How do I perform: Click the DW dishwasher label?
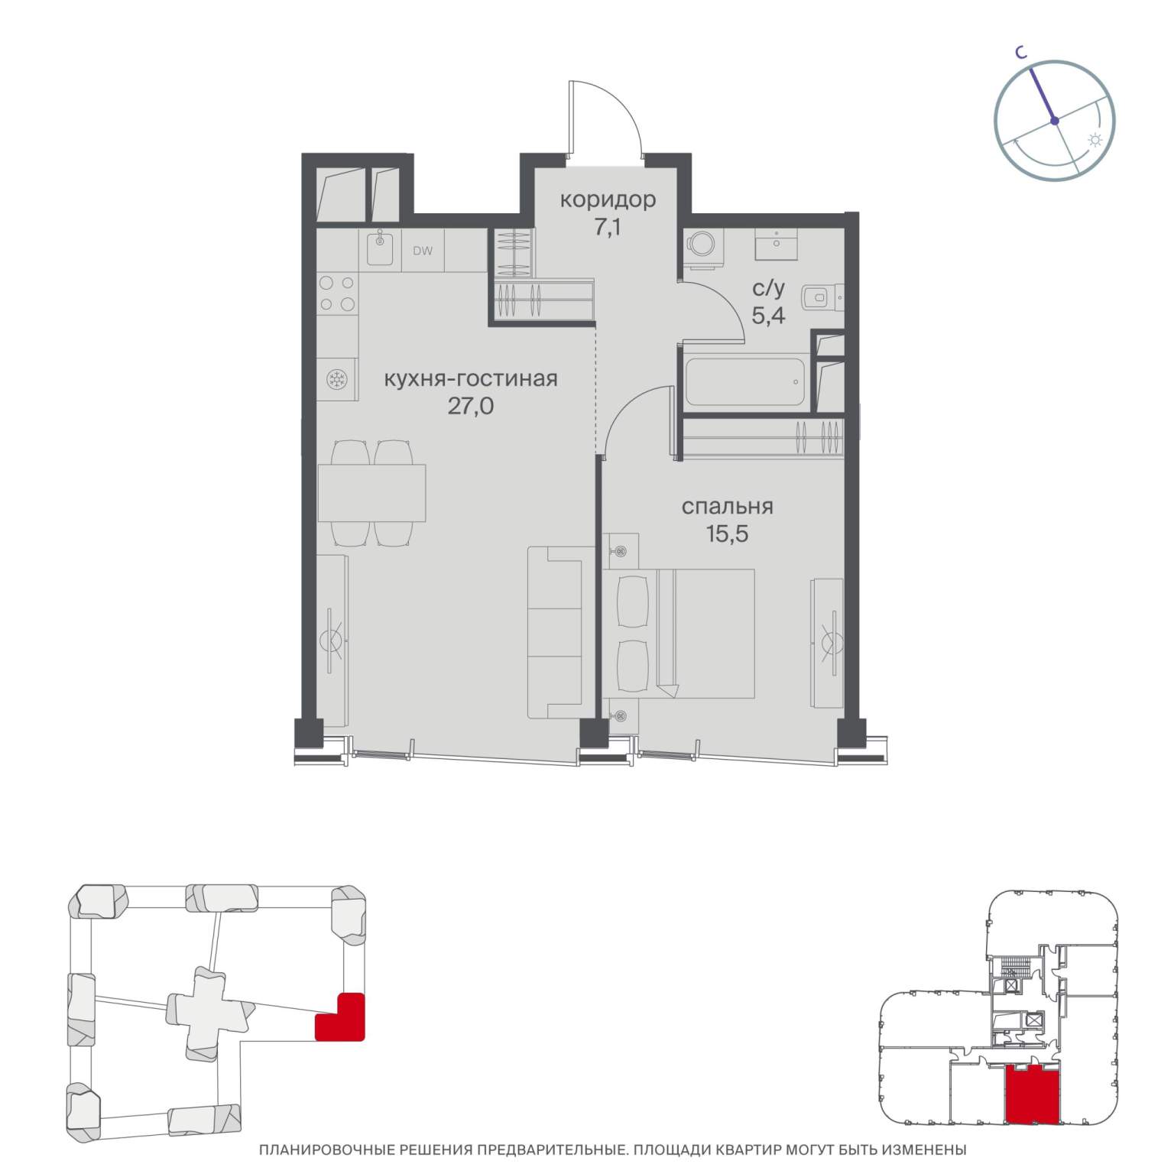coord(423,250)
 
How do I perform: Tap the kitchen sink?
coord(380,249)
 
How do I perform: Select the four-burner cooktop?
coord(337,293)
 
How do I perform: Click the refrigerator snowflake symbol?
coord(336,379)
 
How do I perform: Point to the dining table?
coord(371,493)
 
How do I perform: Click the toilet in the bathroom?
coord(823,297)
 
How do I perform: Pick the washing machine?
coord(702,242)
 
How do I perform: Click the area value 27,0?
coord(470,406)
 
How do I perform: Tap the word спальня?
coord(727,507)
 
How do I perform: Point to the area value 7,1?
coord(608,227)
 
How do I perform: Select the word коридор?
coord(608,200)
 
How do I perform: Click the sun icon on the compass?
coord(1095,141)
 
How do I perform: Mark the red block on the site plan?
coord(340,1017)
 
